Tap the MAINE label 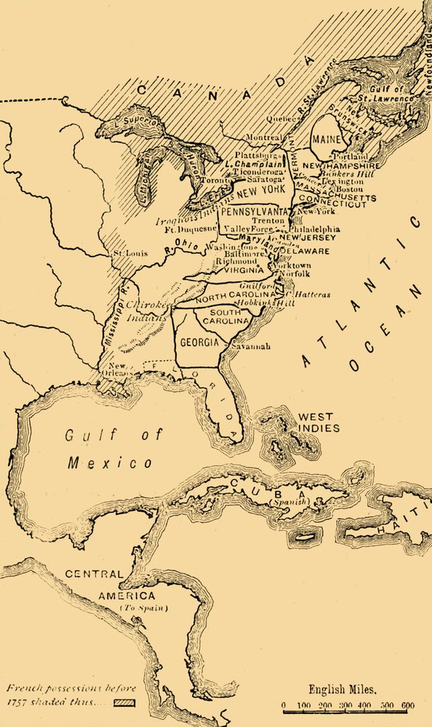point(322,139)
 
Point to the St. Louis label point(127,254)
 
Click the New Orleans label point(119,369)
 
